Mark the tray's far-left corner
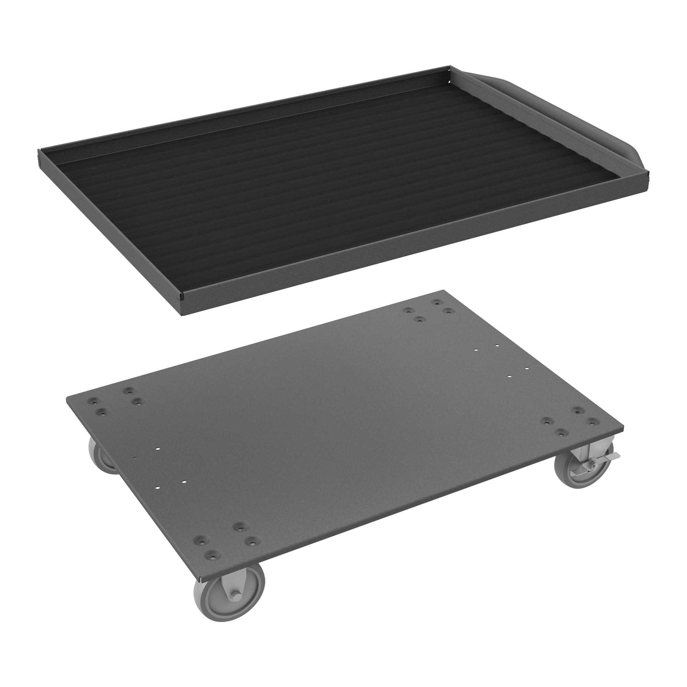tap(38, 153)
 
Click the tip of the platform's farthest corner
tap(444, 290)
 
